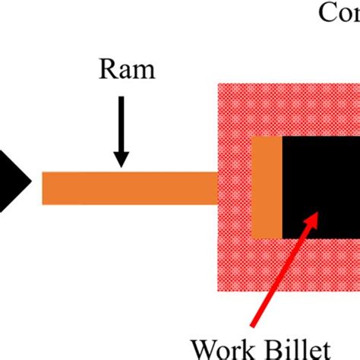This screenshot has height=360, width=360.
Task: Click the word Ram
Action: (126, 71)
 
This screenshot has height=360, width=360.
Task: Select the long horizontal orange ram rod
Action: (129, 188)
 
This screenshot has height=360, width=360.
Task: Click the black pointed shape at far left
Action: (11, 180)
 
